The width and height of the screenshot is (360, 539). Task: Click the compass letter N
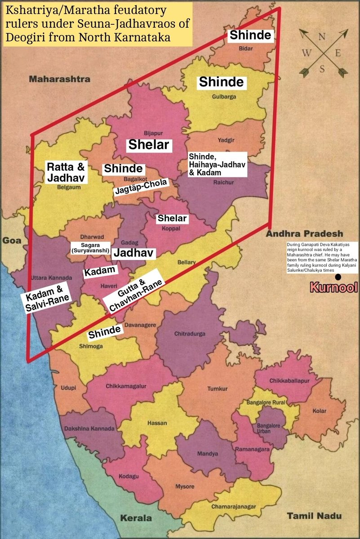[322, 37]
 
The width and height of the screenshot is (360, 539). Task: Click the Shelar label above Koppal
[171, 218]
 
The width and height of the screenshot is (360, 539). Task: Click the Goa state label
[9, 240]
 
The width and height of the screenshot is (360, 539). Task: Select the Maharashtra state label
[60, 79]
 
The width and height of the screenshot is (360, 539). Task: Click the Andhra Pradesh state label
[304, 234]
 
